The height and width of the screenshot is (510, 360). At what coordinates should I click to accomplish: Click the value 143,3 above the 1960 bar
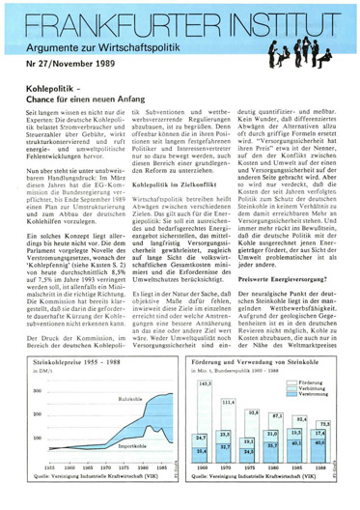click(x=204, y=383)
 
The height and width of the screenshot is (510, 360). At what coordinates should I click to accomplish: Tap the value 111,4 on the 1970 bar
click(x=228, y=402)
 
